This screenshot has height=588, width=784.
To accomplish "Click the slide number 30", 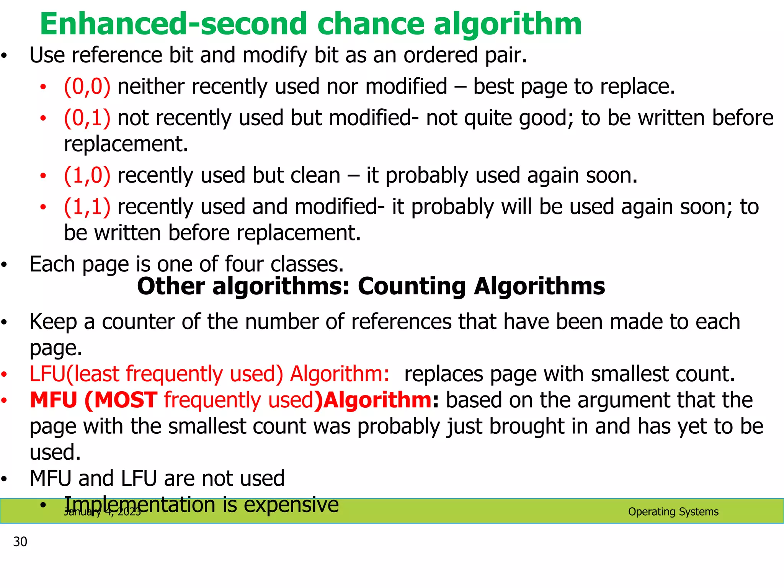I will click(x=20, y=542).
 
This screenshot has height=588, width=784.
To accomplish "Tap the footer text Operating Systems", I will click(x=673, y=512).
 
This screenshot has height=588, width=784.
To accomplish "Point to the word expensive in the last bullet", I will click(x=291, y=505).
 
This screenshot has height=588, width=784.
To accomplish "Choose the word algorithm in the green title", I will click(x=507, y=24).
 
